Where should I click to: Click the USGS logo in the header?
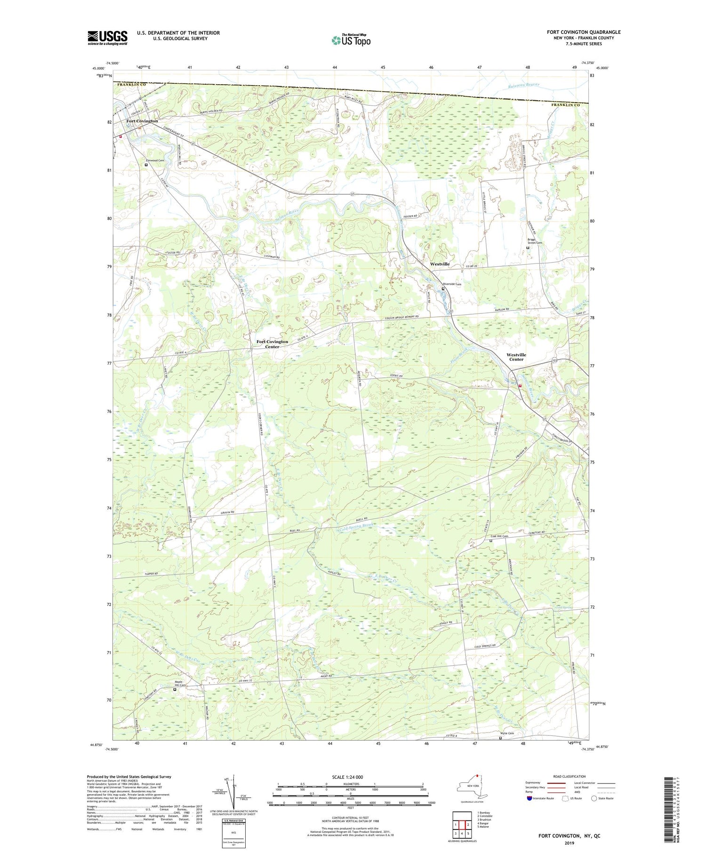click(x=107, y=38)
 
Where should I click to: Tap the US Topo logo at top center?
click(x=351, y=40)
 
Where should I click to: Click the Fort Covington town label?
click(x=142, y=121)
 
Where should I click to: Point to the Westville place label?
click(x=440, y=264)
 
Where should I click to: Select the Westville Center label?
click(x=516, y=357)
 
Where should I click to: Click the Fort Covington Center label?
click(x=272, y=344)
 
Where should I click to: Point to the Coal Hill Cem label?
click(x=499, y=536)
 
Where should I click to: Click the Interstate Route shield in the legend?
click(x=529, y=798)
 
